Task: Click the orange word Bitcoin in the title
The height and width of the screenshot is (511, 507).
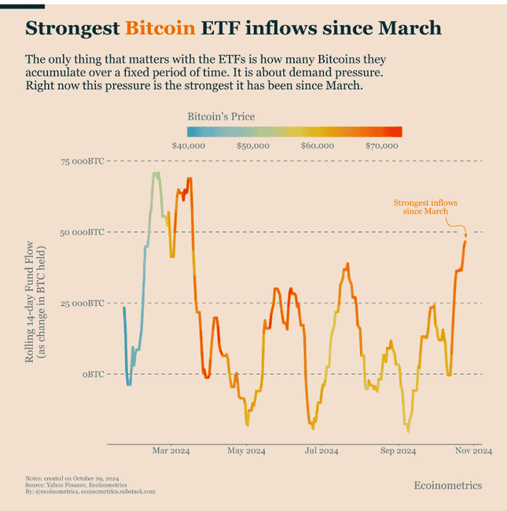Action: (x=160, y=29)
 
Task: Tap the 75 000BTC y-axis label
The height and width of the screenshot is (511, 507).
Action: (x=83, y=161)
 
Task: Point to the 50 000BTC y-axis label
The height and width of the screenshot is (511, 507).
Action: (x=83, y=232)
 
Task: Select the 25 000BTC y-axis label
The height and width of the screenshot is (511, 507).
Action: (x=83, y=303)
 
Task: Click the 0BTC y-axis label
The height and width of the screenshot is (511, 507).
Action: (x=94, y=374)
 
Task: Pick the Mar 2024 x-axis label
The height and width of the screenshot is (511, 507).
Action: (x=171, y=451)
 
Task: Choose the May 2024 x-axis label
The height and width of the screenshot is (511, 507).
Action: (x=246, y=451)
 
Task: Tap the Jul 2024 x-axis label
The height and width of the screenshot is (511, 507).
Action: (x=321, y=451)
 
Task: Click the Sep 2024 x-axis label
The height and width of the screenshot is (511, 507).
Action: (x=398, y=451)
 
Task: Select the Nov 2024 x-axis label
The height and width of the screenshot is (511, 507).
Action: (x=473, y=451)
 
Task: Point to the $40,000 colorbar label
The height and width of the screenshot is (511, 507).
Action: (x=188, y=145)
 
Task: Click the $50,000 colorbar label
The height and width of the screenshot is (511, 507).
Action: (x=253, y=145)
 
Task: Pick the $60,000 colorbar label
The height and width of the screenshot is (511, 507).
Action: (x=318, y=145)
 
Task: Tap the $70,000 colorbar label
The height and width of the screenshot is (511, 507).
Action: (x=384, y=145)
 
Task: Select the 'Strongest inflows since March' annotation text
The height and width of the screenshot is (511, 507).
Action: (x=425, y=207)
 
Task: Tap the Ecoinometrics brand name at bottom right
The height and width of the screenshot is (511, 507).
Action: (x=447, y=485)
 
